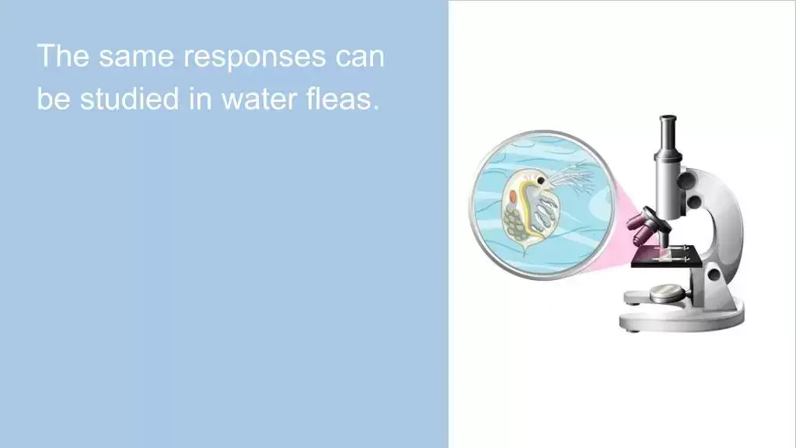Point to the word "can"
[x=360, y=57]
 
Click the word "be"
[x=54, y=98]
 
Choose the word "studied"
[x=130, y=98]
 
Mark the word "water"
[x=259, y=100]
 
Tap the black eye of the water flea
[x=542, y=180]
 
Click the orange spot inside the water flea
[x=514, y=196]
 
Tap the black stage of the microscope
[x=666, y=257]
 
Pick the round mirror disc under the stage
[x=666, y=292]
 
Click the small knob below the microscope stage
[x=714, y=275]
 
